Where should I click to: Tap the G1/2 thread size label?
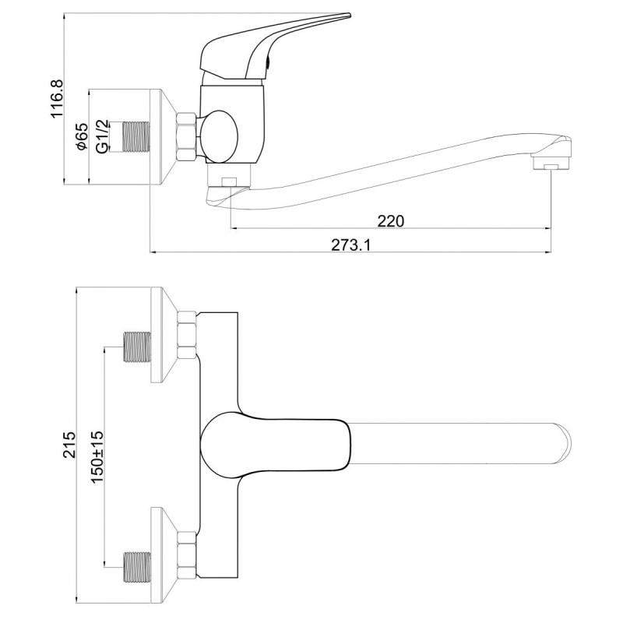point(100,136)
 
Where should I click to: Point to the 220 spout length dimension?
point(390,220)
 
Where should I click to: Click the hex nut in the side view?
point(187,136)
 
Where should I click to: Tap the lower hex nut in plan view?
point(187,554)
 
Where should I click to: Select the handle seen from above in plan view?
point(273,442)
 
